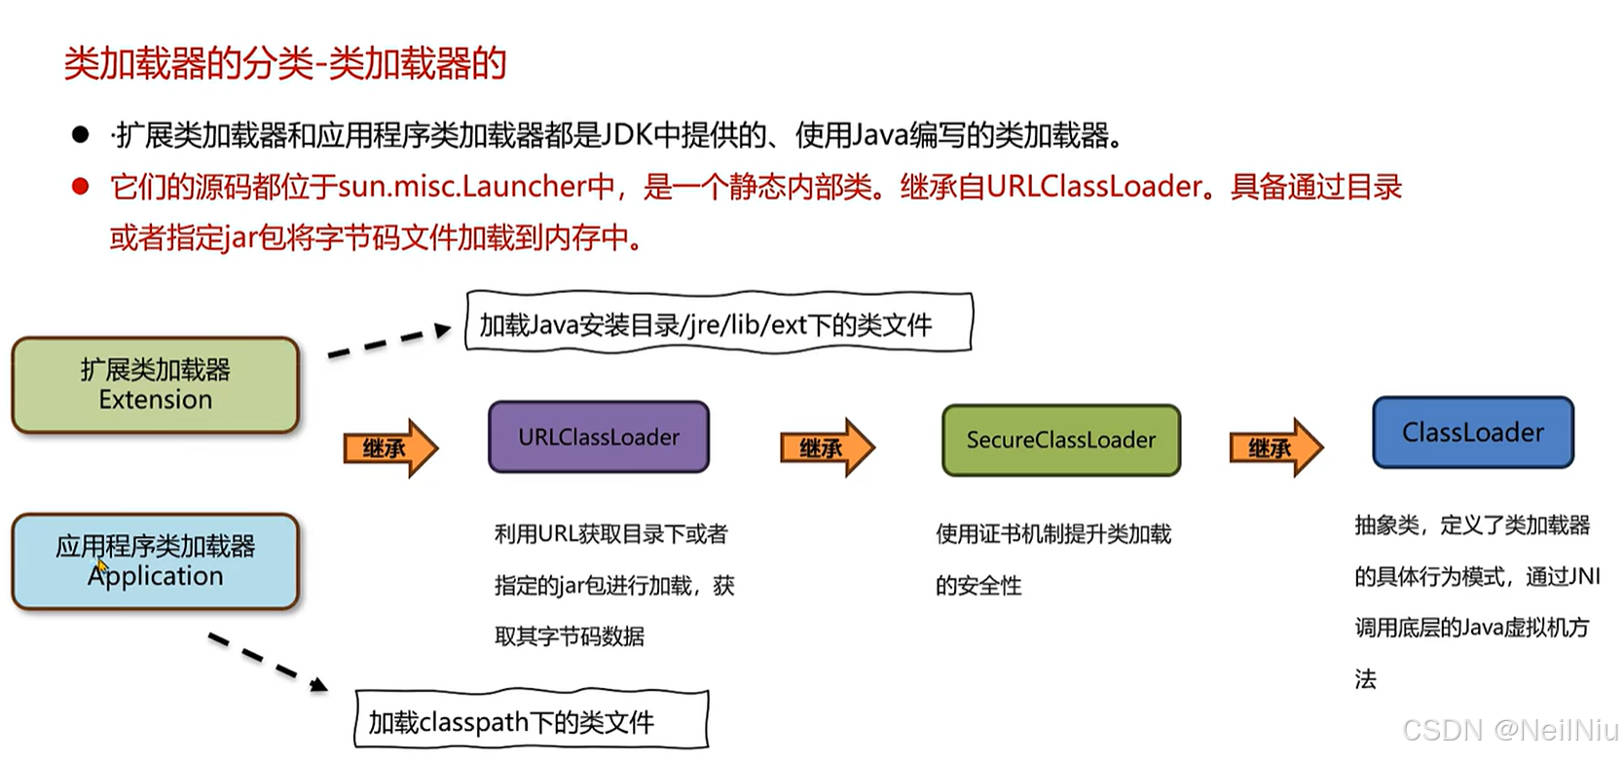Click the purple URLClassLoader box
[x=598, y=437]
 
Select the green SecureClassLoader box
[x=1060, y=440]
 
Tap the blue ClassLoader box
[x=1472, y=433]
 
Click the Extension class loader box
[x=155, y=385]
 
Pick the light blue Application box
[x=155, y=561]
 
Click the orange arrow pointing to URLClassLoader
[x=390, y=448]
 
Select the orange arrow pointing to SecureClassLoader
[x=827, y=448]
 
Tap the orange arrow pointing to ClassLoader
[x=1275, y=448]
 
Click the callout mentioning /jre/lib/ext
[x=719, y=322]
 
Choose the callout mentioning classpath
[x=531, y=721]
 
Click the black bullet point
[x=81, y=135]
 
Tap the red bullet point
[x=81, y=186]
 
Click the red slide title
[x=285, y=64]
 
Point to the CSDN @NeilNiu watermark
[x=1510, y=730]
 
